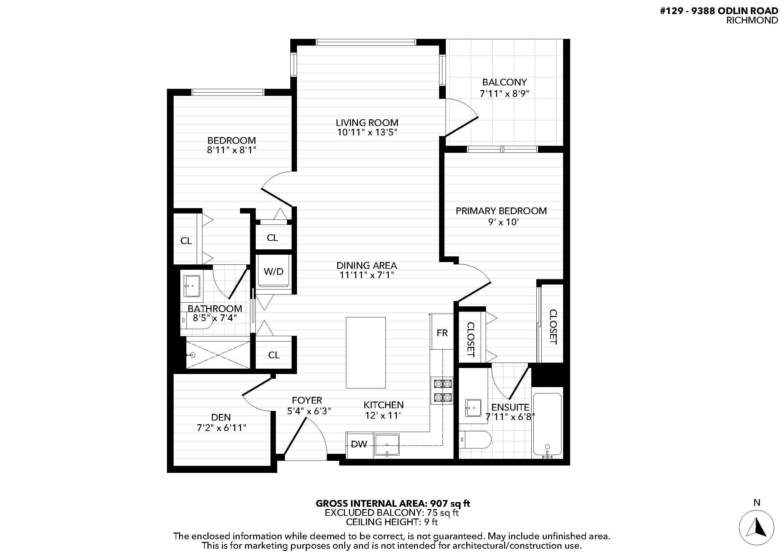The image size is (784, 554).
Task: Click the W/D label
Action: point(274,272)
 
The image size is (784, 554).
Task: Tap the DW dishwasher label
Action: point(359,444)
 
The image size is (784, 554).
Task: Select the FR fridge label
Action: point(442,333)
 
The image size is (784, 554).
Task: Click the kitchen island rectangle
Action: point(366,353)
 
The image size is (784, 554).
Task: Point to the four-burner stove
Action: point(442,390)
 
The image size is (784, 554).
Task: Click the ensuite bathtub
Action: point(547,425)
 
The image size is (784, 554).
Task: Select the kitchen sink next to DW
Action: point(387,445)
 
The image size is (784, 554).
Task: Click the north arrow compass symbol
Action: point(756,528)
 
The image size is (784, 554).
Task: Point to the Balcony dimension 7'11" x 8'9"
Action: point(504,94)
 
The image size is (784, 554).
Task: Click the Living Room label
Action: point(367,123)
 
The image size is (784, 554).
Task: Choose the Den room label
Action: point(221,417)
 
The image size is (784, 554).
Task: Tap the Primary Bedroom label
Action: point(501,211)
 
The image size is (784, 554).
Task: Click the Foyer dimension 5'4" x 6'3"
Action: point(309,411)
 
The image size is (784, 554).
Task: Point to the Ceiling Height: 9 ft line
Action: point(391,522)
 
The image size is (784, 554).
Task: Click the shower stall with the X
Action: point(218,355)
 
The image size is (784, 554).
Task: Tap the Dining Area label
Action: point(367,265)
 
